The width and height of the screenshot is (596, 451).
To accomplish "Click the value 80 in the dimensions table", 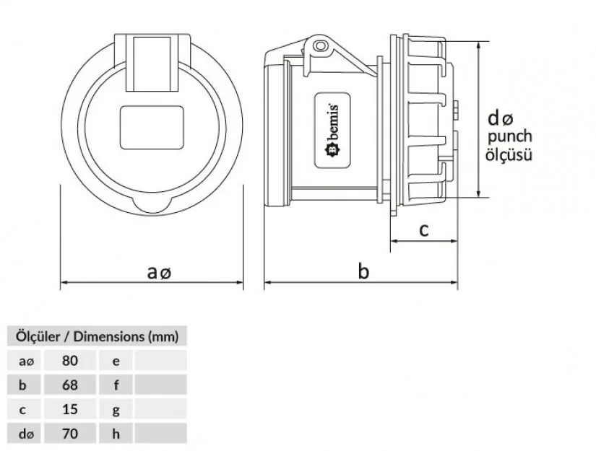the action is point(70,360).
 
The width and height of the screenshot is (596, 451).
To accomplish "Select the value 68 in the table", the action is point(70,385).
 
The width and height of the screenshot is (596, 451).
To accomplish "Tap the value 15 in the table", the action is point(70,409).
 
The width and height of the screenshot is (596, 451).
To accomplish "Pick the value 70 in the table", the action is point(70,434).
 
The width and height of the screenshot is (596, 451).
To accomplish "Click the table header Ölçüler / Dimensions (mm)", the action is point(97,336).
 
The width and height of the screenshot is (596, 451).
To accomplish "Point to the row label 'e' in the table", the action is point(116,361).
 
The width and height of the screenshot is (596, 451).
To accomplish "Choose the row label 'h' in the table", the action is point(116,434).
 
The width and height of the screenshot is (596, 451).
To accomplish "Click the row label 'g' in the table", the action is point(116,410).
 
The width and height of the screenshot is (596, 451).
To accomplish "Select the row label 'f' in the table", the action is point(116,385).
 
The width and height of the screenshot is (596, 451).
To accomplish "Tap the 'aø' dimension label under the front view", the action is point(159,272).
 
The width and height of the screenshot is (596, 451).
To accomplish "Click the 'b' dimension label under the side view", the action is point(363,271).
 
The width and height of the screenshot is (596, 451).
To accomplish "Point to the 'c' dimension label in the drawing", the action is point(424,230).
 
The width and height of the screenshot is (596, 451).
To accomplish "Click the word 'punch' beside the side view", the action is point(510,136).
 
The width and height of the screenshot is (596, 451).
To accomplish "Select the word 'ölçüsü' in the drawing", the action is point(509,155).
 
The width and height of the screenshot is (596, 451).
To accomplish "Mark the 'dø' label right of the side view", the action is point(501,119).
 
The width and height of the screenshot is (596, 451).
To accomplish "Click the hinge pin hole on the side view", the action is point(321,46).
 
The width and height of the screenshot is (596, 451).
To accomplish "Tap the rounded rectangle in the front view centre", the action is point(152,128).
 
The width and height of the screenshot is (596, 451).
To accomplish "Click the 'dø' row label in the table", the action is point(26,434).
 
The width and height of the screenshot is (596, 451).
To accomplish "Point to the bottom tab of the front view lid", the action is point(152,205).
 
